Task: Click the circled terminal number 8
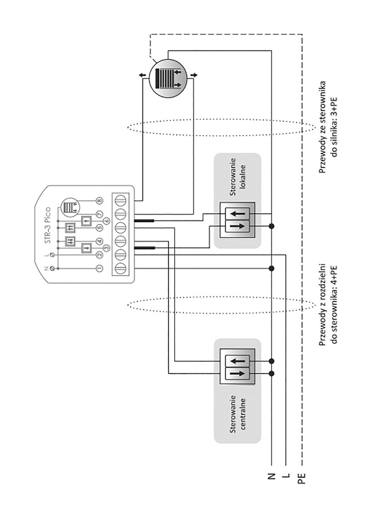click(x=99, y=201)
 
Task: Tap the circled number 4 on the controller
click(x=99, y=241)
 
